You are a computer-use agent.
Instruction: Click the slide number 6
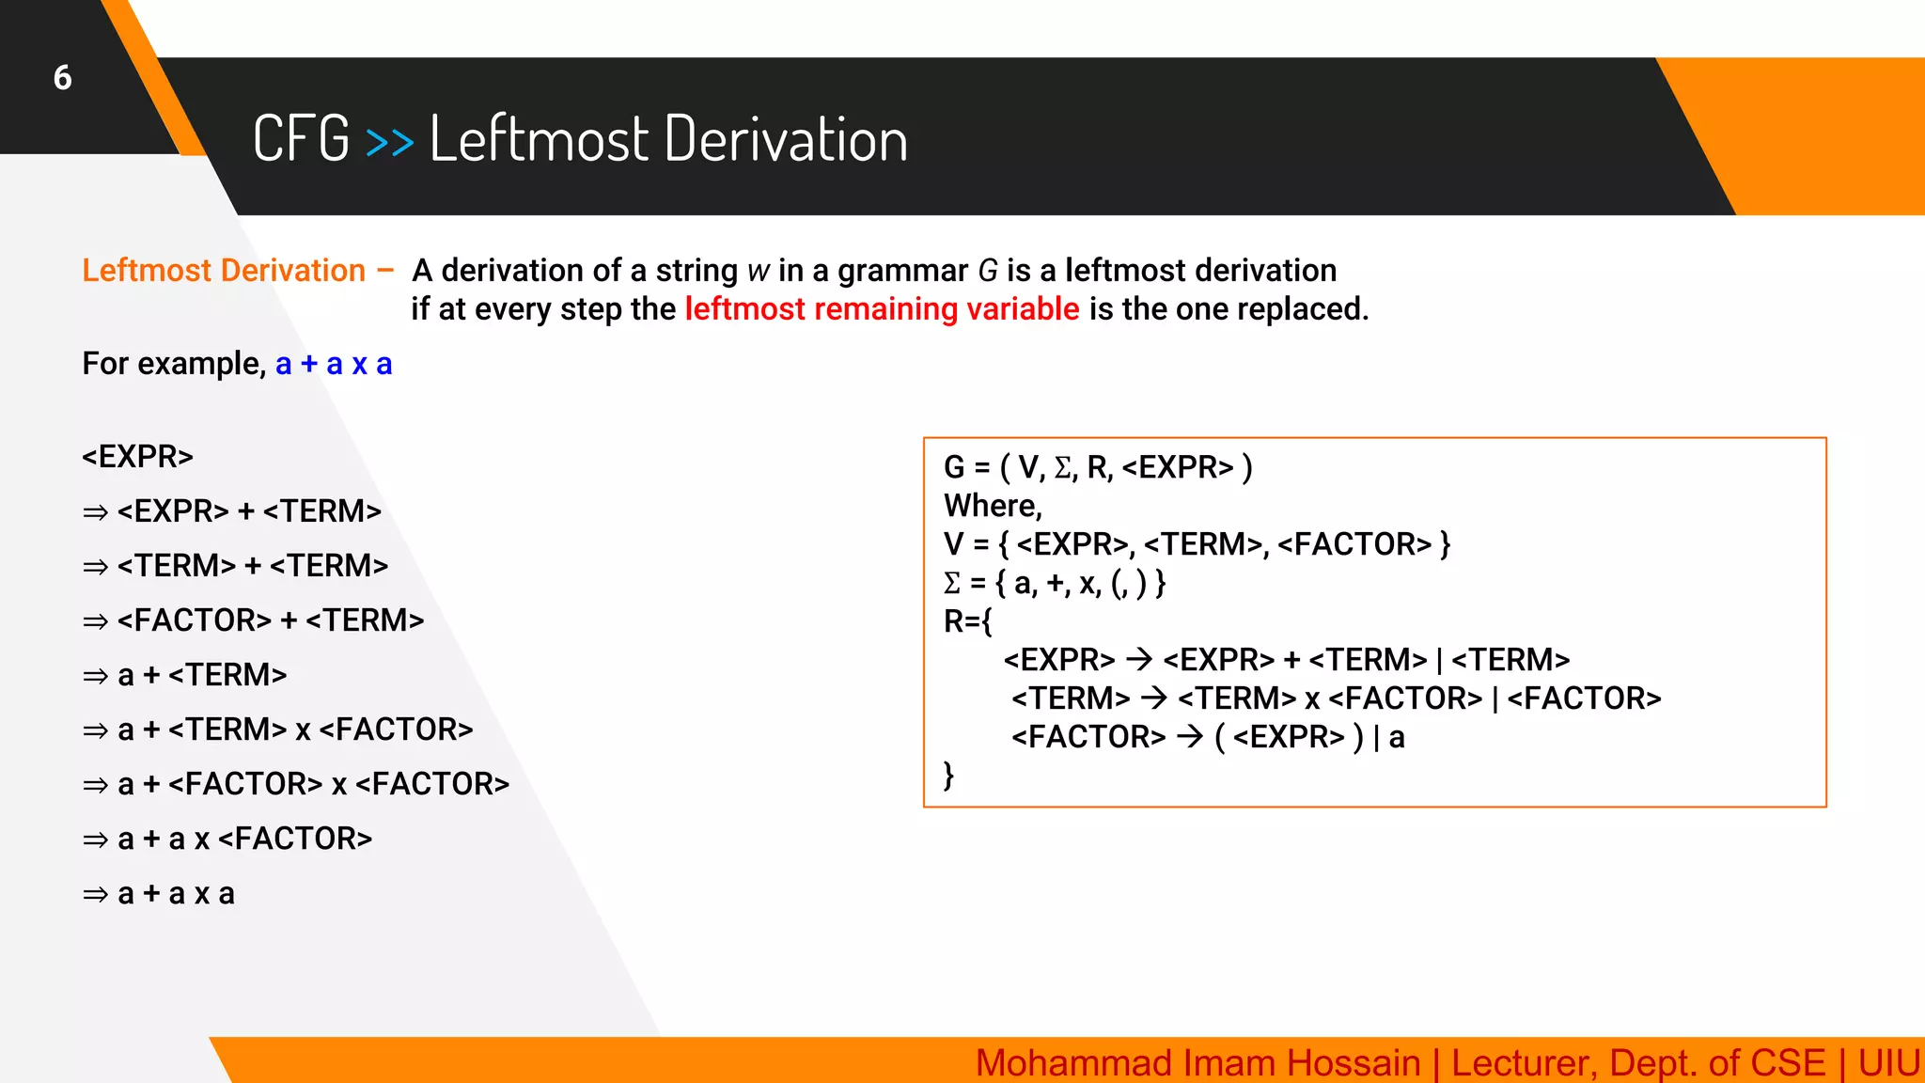coord(62,77)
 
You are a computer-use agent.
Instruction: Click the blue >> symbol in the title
coord(389,142)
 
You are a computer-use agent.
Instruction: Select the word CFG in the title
coord(301,139)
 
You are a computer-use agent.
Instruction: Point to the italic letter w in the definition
coord(758,272)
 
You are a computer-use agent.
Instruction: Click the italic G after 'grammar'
coord(987,272)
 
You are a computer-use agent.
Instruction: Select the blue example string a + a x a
coord(334,364)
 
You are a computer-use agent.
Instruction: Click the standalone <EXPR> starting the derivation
coord(137,457)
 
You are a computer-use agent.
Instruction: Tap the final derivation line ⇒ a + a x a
coord(159,893)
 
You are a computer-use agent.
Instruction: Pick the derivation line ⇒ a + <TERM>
coord(185,675)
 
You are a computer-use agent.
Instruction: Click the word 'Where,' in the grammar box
coord(993,506)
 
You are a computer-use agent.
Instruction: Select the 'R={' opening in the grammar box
coord(967,621)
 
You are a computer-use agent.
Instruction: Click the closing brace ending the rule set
coord(948,776)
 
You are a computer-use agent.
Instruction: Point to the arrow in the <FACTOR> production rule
coord(1190,737)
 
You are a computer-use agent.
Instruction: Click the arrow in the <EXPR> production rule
coord(1139,660)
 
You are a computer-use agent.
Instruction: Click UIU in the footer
coord(1887,1063)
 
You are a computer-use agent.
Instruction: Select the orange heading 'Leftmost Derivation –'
coord(238,271)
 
